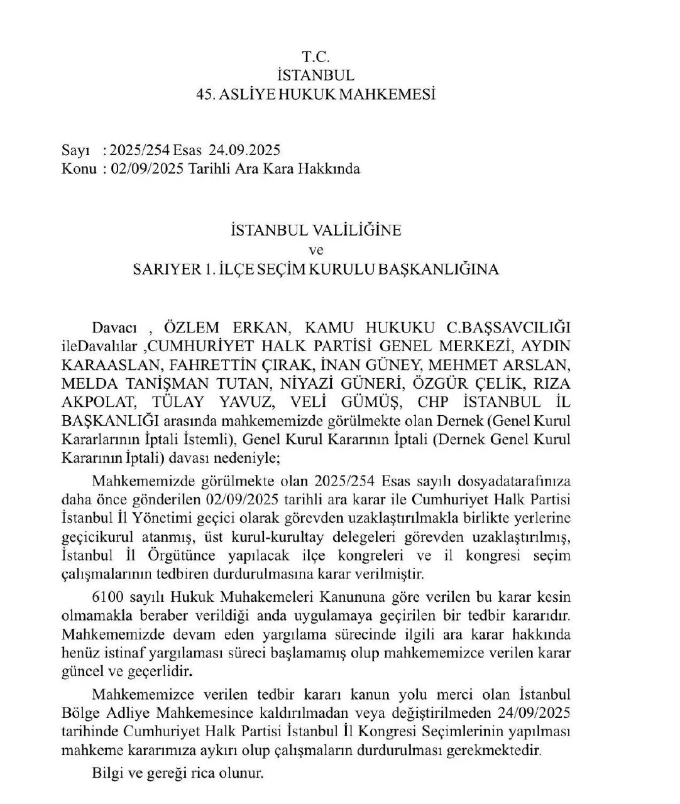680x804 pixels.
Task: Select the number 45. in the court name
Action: [x=206, y=95]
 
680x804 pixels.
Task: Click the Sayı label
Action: [x=74, y=150]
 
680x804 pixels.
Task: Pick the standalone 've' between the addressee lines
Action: [x=315, y=250]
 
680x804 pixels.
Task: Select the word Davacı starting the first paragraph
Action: [x=114, y=328]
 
